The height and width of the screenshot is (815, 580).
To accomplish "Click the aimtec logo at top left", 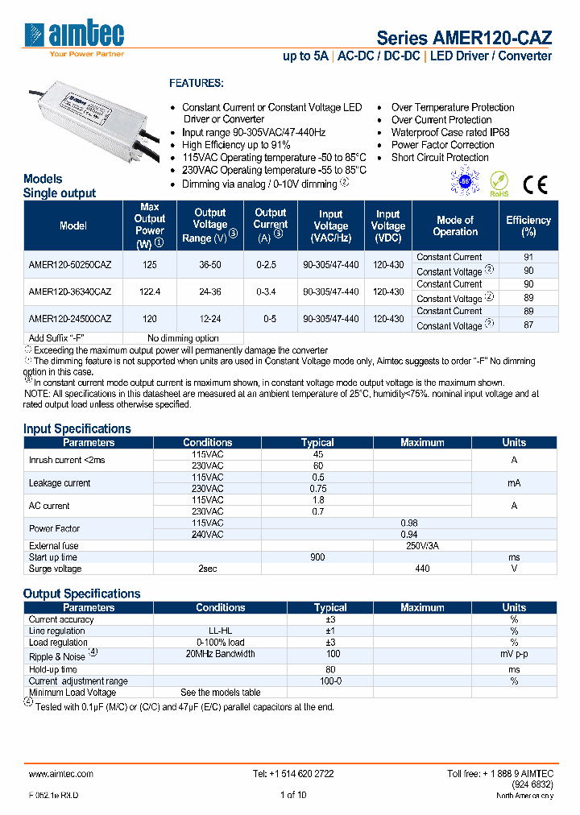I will (74, 36).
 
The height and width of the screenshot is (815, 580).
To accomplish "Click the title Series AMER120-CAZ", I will (464, 38).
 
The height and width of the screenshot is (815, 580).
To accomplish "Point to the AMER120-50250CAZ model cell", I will (69, 264).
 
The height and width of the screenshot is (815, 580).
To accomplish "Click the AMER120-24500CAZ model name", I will (69, 319).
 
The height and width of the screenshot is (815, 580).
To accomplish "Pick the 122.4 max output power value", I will (149, 292).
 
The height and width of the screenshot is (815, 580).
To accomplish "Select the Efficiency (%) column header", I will (528, 225).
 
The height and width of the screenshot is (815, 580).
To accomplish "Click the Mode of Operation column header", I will (455, 225).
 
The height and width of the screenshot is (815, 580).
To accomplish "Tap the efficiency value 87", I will (528, 325).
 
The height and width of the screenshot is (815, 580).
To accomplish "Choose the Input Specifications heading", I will (77, 428).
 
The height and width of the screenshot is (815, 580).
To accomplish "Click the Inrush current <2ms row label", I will (67, 460).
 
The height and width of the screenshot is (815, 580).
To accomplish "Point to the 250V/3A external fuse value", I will (422, 546).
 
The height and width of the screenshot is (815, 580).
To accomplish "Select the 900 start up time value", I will (317, 557).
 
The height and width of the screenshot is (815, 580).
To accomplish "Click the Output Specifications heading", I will (81, 594).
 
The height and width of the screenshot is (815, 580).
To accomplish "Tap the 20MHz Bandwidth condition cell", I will (220, 654).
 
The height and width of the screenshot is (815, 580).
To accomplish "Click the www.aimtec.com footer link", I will (61, 773).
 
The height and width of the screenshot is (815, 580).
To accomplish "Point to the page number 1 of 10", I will (292, 795).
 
